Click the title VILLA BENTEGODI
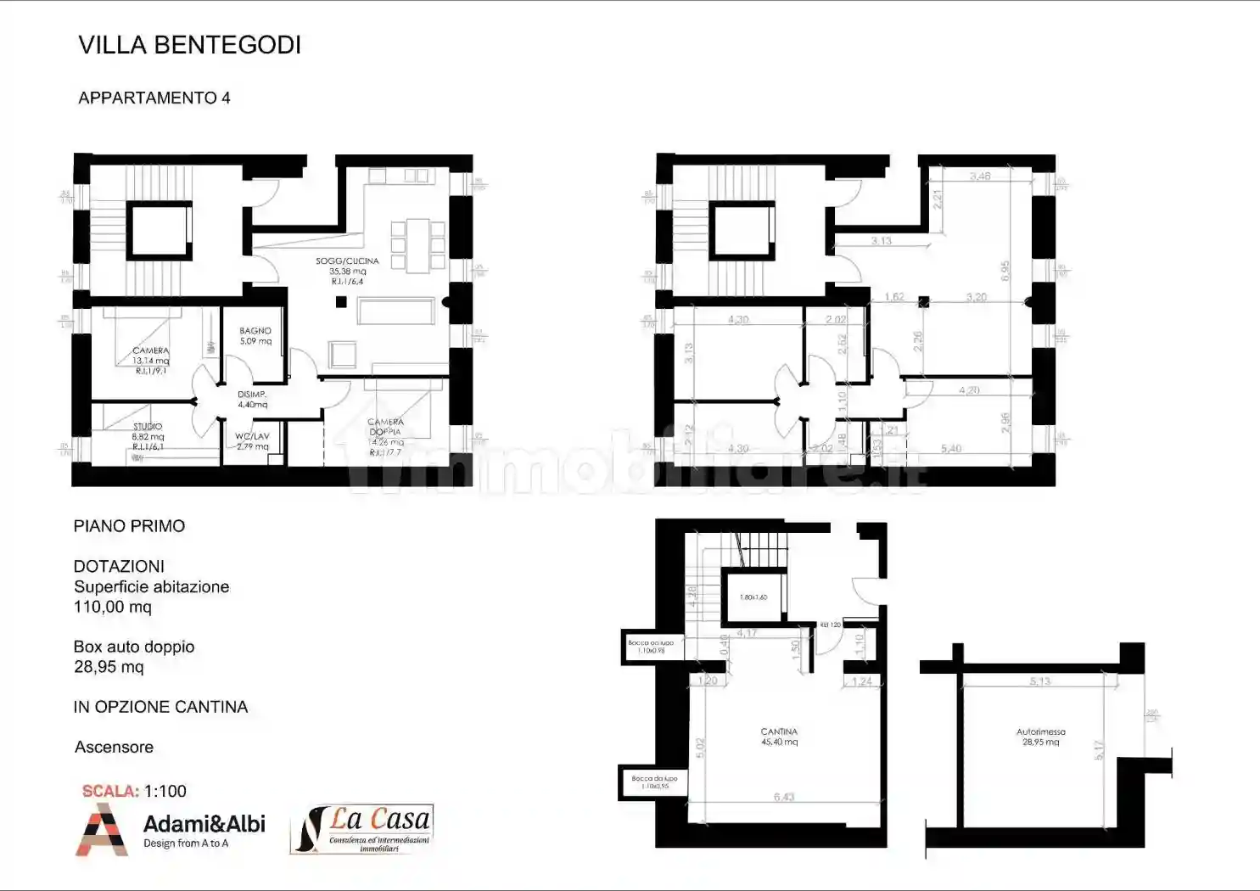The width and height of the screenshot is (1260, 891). click(189, 45)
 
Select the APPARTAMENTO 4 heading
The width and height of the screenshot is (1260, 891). click(154, 98)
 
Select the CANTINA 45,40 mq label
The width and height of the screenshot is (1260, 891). click(779, 737)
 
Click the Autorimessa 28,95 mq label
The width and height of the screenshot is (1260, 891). click(1040, 737)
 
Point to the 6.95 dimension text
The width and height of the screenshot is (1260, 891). click(1005, 271)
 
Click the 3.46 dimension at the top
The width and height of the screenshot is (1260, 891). click(980, 177)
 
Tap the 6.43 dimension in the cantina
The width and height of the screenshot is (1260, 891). click(784, 797)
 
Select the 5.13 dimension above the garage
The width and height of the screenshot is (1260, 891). click(1039, 681)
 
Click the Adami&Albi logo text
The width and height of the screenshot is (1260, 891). click(204, 824)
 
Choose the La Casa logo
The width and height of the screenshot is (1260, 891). click(363, 828)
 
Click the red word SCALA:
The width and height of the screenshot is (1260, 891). click(110, 791)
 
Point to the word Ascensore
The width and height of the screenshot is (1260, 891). click(114, 747)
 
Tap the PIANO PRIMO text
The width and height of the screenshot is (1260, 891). click(129, 526)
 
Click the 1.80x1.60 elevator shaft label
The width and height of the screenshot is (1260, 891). click(753, 597)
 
